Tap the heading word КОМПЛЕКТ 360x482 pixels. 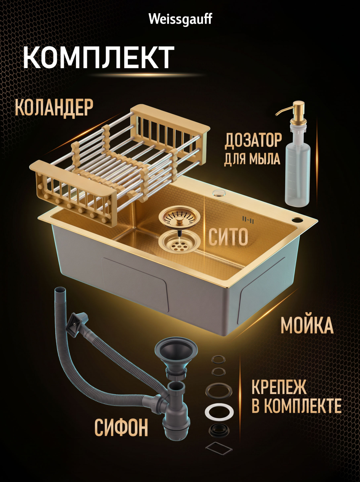[99, 57]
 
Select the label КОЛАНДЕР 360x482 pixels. [54, 108]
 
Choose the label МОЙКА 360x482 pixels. [307, 325]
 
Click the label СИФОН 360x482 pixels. [121, 427]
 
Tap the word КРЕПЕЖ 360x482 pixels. [279, 388]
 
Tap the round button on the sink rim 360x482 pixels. [218, 193]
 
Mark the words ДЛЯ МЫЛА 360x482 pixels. [252, 159]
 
